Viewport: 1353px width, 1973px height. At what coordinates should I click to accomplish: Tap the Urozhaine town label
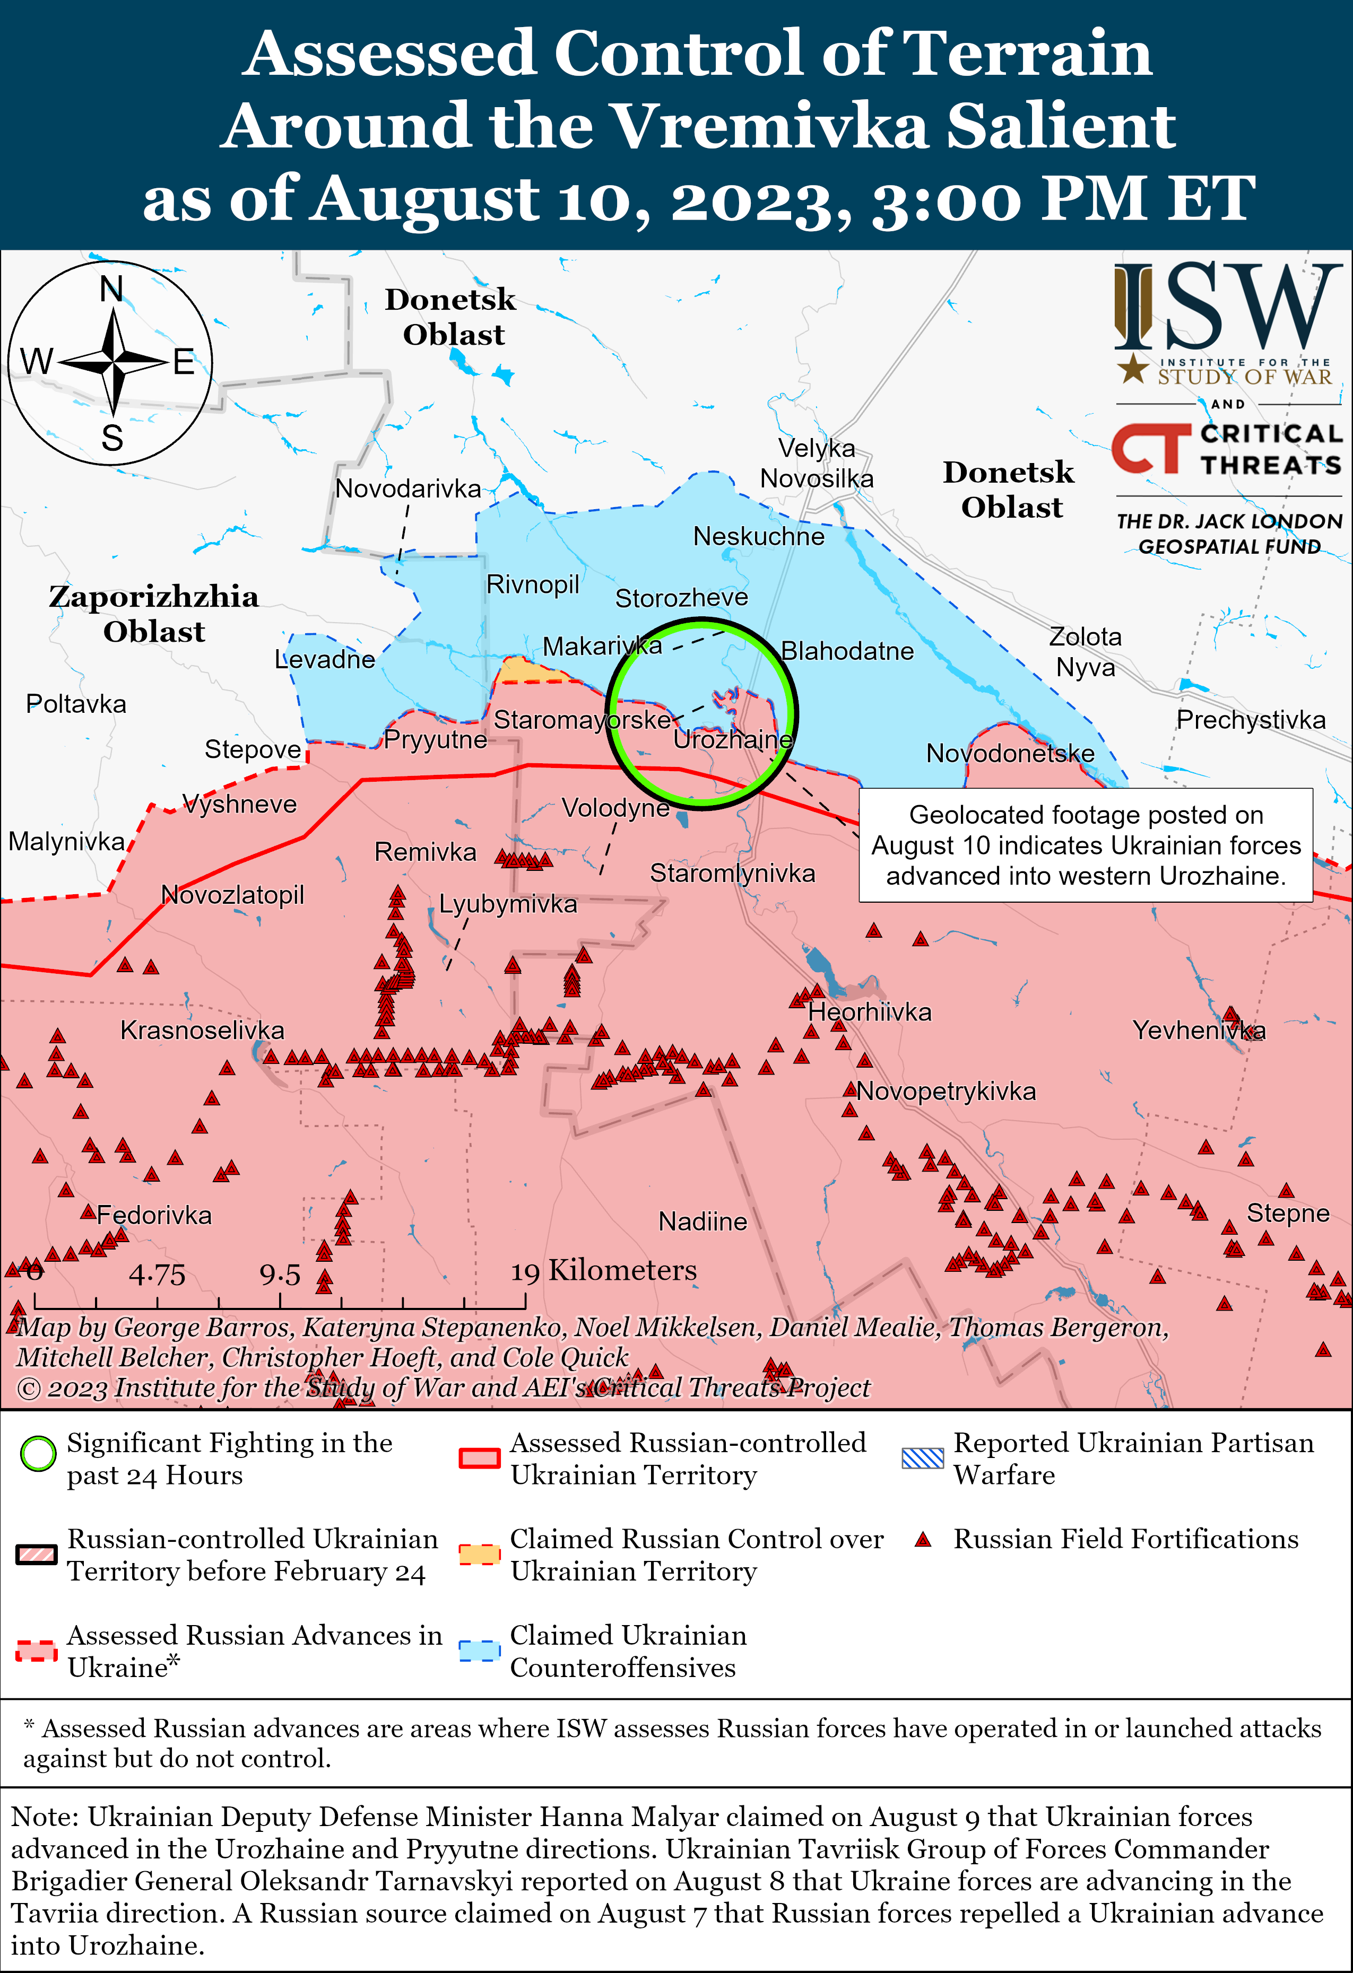[x=732, y=739]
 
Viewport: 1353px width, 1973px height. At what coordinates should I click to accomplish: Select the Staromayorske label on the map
[x=583, y=720]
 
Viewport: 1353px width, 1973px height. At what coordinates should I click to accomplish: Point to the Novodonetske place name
[x=1010, y=753]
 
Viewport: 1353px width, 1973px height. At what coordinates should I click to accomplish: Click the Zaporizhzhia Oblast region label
[x=154, y=613]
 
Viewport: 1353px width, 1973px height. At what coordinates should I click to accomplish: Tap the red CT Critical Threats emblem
[x=1151, y=448]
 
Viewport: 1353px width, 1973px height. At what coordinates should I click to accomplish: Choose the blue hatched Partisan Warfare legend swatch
[x=922, y=1457]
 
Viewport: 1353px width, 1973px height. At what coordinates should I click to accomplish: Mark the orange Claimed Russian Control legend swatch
[x=478, y=1553]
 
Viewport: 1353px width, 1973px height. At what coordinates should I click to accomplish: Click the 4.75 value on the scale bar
[x=157, y=1274]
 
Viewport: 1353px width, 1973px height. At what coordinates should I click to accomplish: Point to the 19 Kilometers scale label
[x=603, y=1271]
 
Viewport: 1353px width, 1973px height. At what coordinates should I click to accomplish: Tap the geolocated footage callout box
[x=1086, y=845]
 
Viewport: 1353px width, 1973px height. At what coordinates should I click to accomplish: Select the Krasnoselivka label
[x=202, y=1030]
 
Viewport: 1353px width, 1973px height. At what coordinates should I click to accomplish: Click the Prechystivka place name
[x=1250, y=720]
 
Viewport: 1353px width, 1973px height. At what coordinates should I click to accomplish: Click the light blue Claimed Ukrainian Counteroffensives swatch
[x=478, y=1649]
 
